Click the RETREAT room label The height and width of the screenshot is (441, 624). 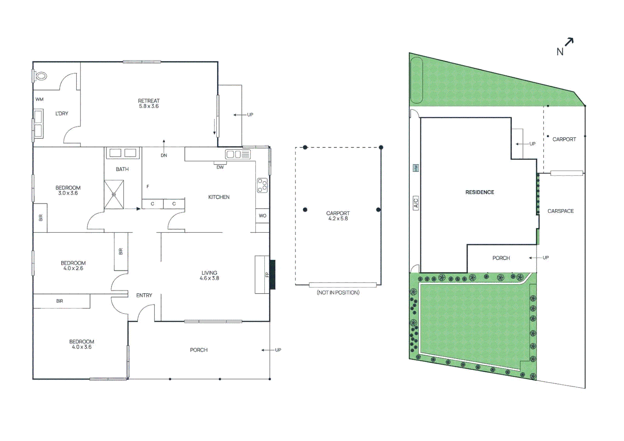pos(149,103)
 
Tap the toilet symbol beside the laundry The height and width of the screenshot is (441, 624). pos(41,76)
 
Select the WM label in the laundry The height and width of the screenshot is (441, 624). pos(39,99)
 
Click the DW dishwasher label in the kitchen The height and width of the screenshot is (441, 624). pos(220,167)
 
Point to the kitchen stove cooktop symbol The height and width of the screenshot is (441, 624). pos(262,185)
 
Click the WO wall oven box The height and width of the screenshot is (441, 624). pos(262,216)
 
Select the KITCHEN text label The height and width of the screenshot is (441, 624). pos(219,197)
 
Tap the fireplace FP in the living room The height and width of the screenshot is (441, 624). pos(267,274)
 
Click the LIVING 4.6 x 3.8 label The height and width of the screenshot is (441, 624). pos(209,276)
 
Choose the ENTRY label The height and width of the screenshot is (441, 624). pos(144,295)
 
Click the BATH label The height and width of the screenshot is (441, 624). pos(122,169)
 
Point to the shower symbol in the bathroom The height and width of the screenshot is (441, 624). pos(114,194)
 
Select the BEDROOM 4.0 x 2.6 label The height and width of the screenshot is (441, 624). pos(73,266)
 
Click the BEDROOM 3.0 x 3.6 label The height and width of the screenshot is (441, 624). pos(68,190)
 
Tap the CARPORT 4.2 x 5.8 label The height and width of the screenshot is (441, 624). pos(338,216)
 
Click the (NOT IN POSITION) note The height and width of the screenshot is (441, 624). pos(338,292)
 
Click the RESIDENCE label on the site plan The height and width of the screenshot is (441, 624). pos(479,192)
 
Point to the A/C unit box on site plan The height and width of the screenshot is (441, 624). pos(416,203)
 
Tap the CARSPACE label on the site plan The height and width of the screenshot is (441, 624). pos(560,211)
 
